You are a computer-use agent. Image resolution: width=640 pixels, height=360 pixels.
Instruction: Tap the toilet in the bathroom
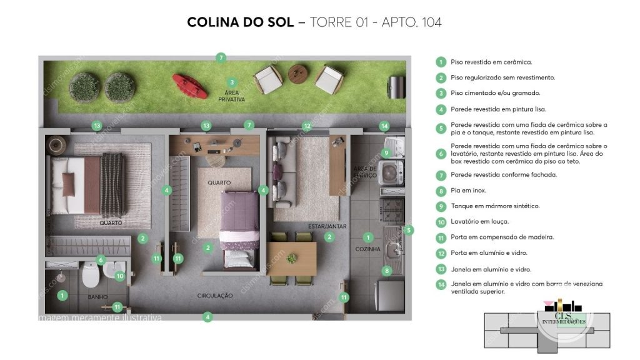(91, 274)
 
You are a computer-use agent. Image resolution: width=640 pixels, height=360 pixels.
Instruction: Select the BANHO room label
(97, 297)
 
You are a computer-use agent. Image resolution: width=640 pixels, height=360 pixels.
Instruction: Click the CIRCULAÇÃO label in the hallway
(215, 295)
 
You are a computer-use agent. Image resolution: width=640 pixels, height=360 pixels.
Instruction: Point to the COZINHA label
(368, 249)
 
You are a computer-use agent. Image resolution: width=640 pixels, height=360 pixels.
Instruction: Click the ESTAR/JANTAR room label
(327, 226)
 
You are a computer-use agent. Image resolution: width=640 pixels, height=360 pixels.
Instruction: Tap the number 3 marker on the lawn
(232, 82)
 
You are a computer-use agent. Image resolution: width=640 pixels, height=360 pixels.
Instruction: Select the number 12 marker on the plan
(306, 126)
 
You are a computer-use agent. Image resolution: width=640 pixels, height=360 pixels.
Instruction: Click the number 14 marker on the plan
(384, 126)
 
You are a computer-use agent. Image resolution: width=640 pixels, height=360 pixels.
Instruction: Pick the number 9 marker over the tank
(386, 152)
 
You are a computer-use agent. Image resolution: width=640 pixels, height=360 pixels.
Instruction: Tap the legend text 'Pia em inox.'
(468, 190)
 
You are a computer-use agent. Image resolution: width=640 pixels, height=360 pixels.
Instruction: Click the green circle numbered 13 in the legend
(441, 269)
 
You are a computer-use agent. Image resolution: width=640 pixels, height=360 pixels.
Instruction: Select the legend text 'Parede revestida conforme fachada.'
(504, 174)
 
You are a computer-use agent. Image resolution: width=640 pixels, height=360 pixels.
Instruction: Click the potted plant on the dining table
(291, 257)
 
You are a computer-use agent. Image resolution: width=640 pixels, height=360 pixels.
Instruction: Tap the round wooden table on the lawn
(299, 73)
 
